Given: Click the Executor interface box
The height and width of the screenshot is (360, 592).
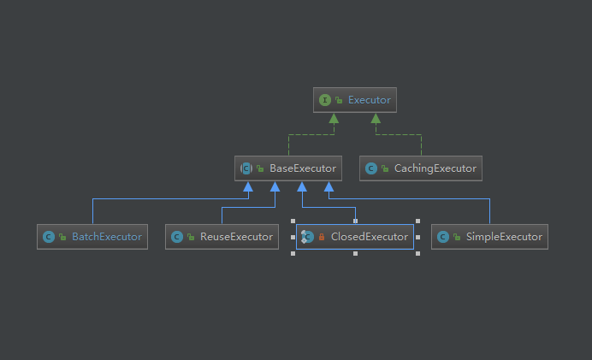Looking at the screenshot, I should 355,100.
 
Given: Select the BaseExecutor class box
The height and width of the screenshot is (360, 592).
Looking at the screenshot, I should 288,168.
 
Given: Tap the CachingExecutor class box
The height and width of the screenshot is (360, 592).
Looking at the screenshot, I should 421,168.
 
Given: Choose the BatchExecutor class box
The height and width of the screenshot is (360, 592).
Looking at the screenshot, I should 92,237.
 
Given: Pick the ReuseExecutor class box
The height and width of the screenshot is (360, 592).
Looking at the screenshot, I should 222,237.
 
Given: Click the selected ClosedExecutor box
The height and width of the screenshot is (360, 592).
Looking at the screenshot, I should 355,237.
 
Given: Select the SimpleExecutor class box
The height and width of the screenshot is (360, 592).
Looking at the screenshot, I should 489,237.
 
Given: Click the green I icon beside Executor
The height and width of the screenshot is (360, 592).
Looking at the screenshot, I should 325,100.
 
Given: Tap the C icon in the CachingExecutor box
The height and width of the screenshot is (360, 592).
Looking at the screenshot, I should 371,168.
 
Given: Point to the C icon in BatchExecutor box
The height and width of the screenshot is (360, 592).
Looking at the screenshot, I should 49,237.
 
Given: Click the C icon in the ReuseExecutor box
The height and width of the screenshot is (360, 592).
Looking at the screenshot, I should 177,237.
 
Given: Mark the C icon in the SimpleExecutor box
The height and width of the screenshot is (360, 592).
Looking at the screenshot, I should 442,237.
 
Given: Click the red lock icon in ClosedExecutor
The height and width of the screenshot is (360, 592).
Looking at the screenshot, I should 322,237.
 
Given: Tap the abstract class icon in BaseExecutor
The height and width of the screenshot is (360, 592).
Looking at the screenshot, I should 246,168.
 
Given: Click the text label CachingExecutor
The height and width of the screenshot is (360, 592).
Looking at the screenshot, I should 435,168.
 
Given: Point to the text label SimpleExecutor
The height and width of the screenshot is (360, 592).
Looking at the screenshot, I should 505,237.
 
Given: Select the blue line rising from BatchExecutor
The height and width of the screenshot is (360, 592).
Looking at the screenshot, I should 92,211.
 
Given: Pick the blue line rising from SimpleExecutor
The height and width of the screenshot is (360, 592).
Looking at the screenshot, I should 489,211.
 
